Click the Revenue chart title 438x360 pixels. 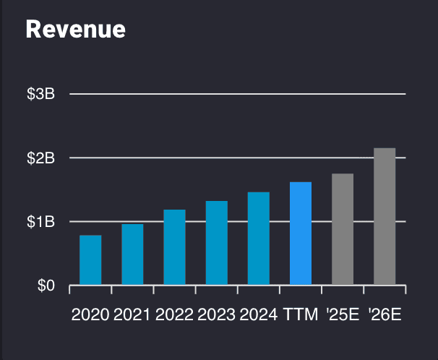click(x=75, y=29)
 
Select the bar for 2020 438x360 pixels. click(x=90, y=260)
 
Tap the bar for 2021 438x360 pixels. click(x=132, y=254)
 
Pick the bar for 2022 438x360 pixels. click(x=174, y=247)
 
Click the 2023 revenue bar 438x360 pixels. click(x=217, y=243)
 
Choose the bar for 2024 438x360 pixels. click(x=259, y=239)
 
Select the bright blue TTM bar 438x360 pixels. click(x=301, y=233)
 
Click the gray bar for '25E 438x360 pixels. click(x=343, y=229)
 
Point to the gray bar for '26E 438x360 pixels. click(x=385, y=217)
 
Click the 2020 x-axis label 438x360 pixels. click(x=90, y=315)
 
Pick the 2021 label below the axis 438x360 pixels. click(x=132, y=315)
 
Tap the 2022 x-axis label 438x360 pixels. click(x=174, y=315)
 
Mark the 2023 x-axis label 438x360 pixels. click(x=217, y=315)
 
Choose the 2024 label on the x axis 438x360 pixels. click(x=259, y=315)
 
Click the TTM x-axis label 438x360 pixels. click(x=301, y=315)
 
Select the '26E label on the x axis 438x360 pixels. click(x=385, y=315)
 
